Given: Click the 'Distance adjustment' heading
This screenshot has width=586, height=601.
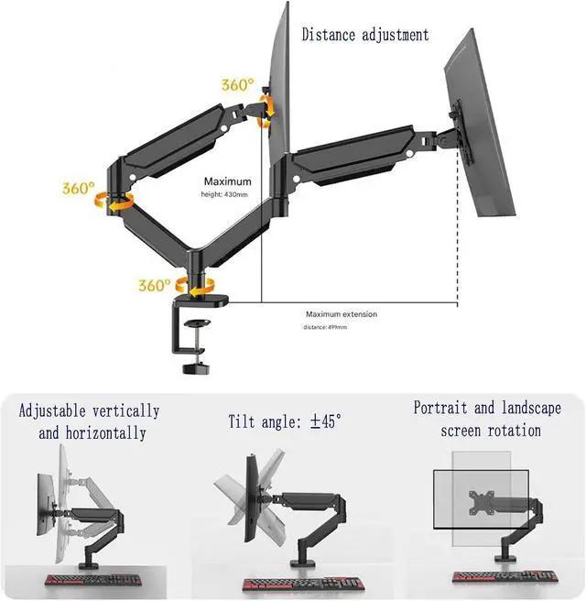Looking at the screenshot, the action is click(x=365, y=35).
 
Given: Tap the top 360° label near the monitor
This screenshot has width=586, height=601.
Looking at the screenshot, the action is click(x=237, y=85).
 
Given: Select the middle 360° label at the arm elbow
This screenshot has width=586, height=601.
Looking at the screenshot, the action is click(x=79, y=189).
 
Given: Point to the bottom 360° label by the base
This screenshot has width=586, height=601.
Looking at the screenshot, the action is click(x=155, y=285).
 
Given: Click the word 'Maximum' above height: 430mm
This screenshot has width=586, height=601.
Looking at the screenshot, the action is click(x=227, y=181).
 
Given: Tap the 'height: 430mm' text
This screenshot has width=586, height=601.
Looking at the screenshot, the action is click(x=225, y=195).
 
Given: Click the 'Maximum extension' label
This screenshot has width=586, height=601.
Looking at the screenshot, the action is click(x=341, y=314).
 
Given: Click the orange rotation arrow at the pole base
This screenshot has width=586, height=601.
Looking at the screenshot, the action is click(x=195, y=284).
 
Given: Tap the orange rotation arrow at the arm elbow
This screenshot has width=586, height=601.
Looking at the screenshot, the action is click(x=116, y=201).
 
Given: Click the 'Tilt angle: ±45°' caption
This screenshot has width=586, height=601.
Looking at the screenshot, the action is click(x=285, y=422).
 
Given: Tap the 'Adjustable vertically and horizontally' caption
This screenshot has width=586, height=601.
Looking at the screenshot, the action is click(x=89, y=421).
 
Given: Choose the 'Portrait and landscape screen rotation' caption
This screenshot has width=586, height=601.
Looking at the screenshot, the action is click(x=487, y=419).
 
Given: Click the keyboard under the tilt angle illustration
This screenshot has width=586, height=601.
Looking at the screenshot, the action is click(x=302, y=584).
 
